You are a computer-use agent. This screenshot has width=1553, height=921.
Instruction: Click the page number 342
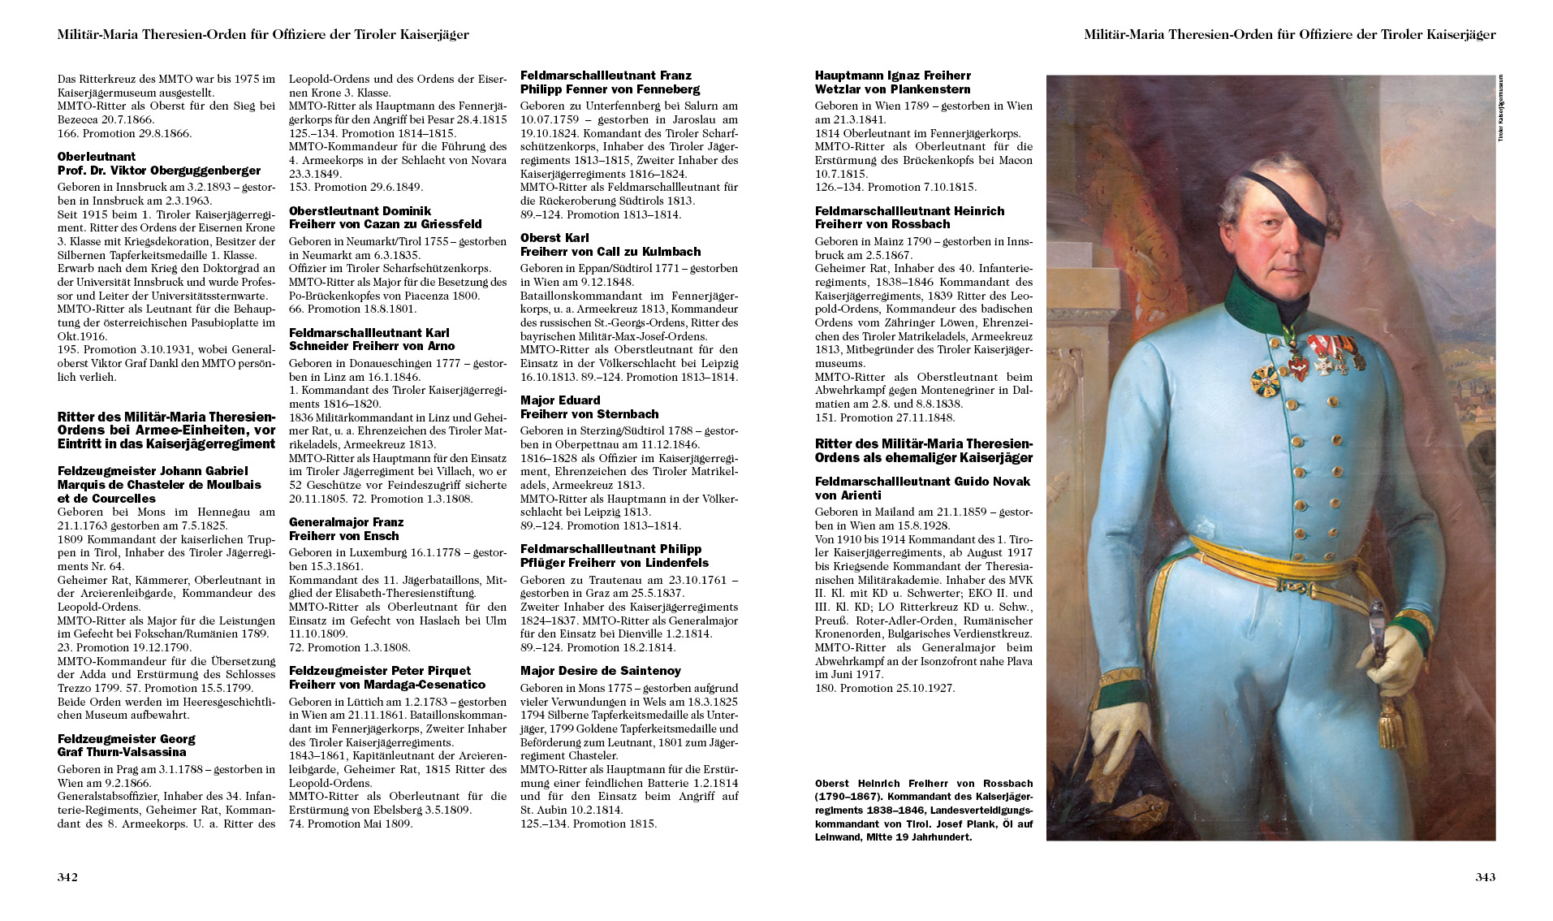pos(67,877)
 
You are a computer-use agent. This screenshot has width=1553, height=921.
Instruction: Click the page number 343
pos(1485,877)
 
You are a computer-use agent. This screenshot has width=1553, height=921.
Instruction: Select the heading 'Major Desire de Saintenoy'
pos(600,671)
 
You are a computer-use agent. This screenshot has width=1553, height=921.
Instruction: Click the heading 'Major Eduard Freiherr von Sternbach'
pos(589,407)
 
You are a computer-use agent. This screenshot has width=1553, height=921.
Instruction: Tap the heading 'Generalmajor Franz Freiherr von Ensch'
pos(346,529)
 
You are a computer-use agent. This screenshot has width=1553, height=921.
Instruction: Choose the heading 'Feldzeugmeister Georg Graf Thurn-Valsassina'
pos(126,746)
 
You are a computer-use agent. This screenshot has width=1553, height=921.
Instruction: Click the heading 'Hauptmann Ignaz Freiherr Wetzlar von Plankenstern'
pos(893,82)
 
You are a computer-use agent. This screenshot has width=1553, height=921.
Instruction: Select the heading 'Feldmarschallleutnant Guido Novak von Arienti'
pos(922,488)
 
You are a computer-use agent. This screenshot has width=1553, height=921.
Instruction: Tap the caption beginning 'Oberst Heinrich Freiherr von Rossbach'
pos(924,810)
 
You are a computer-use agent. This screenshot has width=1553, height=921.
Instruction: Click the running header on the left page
pos(263,35)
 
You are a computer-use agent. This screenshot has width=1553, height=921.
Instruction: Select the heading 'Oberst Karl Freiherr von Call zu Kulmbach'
pos(610,244)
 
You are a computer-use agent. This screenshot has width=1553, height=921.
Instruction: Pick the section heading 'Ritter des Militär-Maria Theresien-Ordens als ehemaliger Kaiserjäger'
pos(924,451)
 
